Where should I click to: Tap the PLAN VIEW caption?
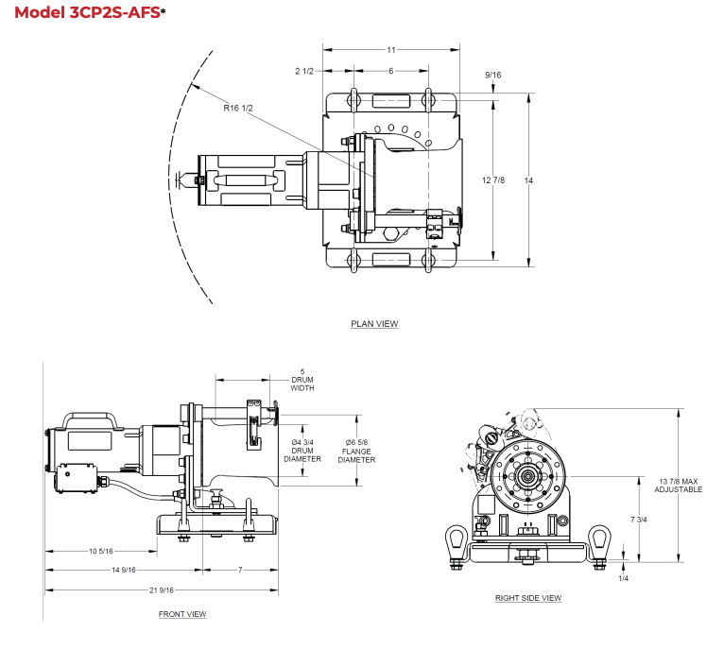[374, 324]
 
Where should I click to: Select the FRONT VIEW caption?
[182, 614]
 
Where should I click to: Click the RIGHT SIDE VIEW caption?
[528, 598]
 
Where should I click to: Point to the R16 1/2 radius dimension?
[237, 108]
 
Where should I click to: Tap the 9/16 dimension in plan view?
[492, 75]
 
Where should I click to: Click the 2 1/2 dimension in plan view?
[304, 71]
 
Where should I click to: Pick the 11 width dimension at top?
[391, 49]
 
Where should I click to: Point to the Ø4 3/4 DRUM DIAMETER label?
[302, 451]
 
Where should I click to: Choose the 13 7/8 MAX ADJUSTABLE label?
[679, 486]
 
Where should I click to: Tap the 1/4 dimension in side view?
[623, 577]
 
